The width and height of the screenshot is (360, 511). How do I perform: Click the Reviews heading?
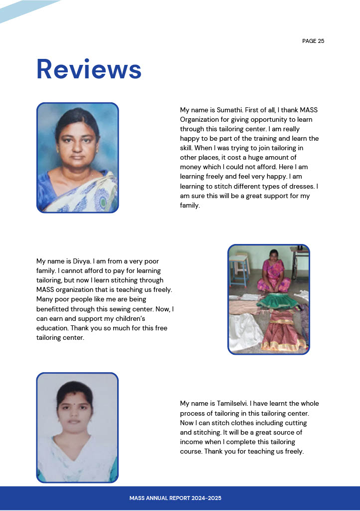click(89, 69)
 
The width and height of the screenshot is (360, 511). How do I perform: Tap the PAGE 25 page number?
click(313, 41)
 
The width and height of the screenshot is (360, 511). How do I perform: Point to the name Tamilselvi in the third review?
click(232, 403)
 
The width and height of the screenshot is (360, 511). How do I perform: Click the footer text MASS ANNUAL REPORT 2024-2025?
click(175, 498)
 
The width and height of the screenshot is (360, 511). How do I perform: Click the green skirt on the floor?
click(274, 300)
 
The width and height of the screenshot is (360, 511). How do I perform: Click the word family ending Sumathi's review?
click(189, 206)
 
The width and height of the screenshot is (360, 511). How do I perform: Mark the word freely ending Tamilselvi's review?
click(293, 452)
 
